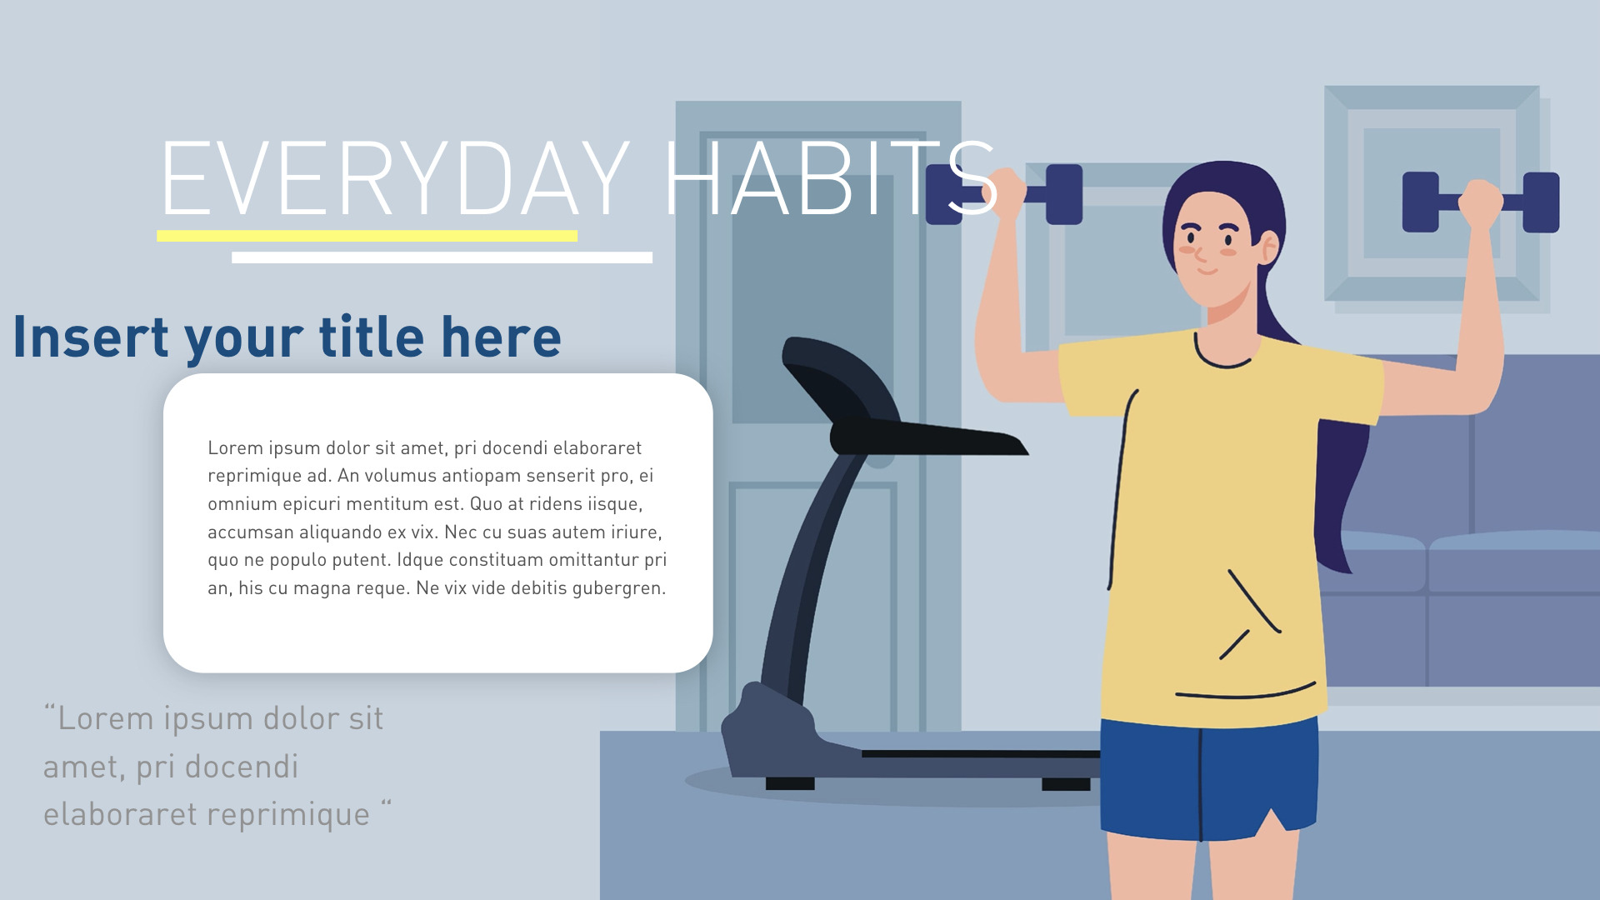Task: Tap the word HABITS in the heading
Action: tap(829, 178)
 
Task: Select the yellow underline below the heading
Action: tap(367, 236)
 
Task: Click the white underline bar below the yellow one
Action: tap(442, 257)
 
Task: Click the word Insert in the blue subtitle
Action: tap(91, 337)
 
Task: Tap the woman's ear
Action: tap(1270, 247)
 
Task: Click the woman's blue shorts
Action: tap(1208, 775)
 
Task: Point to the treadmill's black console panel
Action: tap(925, 437)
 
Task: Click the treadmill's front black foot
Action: tap(789, 784)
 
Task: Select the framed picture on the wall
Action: tap(1432, 193)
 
